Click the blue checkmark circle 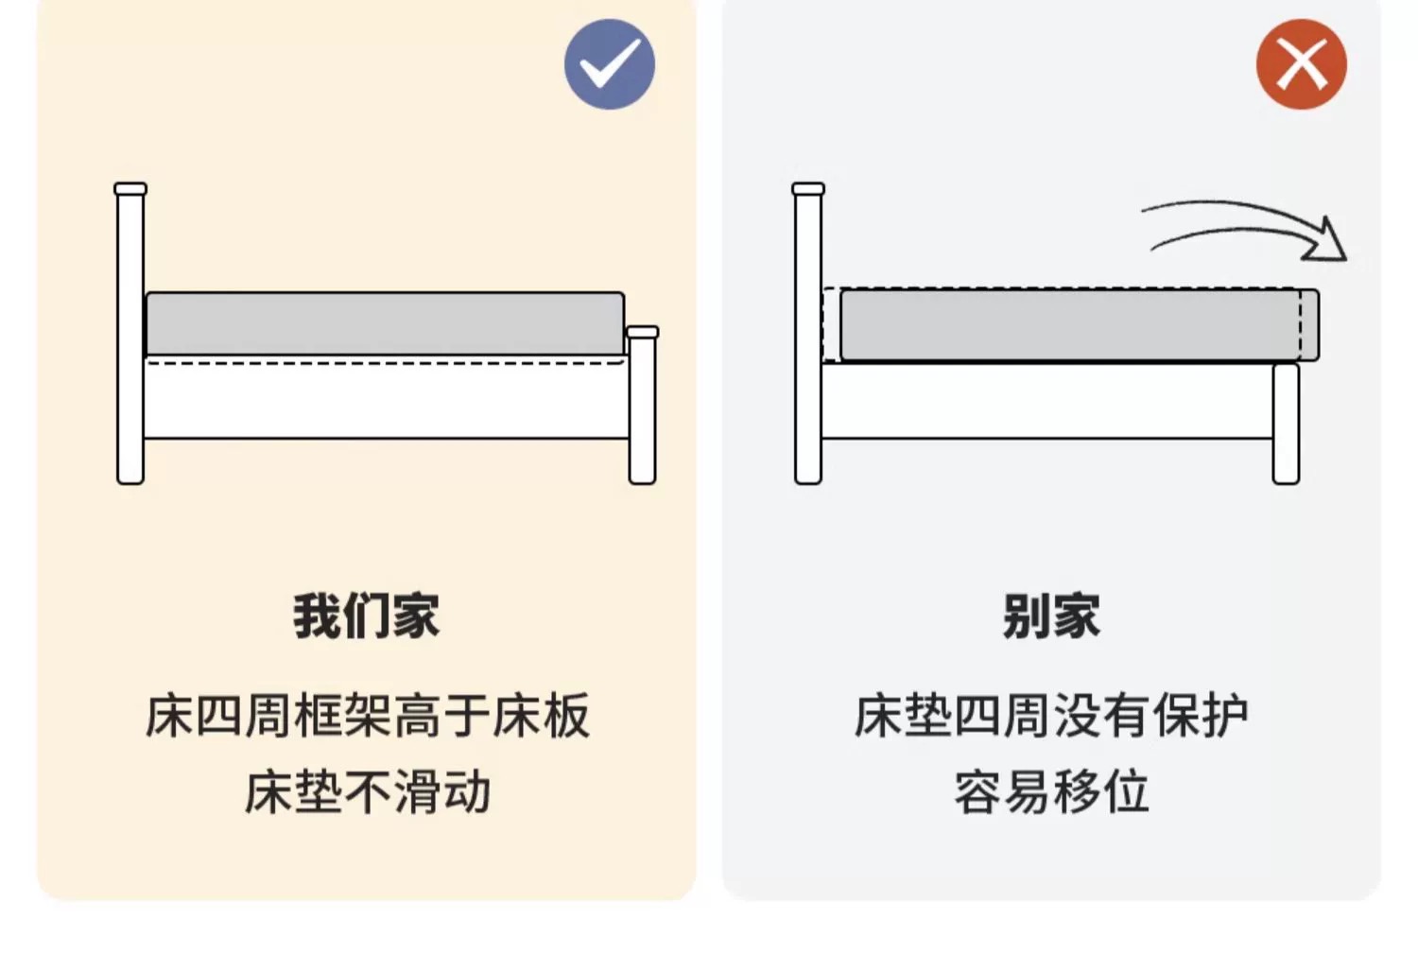pos(610,64)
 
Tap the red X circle pos(1302,64)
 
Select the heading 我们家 pos(367,616)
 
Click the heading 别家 pos(1051,616)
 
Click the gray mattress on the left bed pos(385,324)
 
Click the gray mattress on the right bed pos(1080,324)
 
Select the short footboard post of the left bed pos(643,406)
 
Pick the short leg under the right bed pos(1287,424)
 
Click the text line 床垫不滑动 pos(368,792)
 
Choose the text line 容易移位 pos(1051,792)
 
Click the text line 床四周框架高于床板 pos(368,716)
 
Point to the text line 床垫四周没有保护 pos(1051,716)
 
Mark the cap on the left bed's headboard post pos(130,189)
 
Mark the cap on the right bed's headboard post pos(808,189)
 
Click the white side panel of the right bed pos(1047,400)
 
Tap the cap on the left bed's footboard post pos(643,332)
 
